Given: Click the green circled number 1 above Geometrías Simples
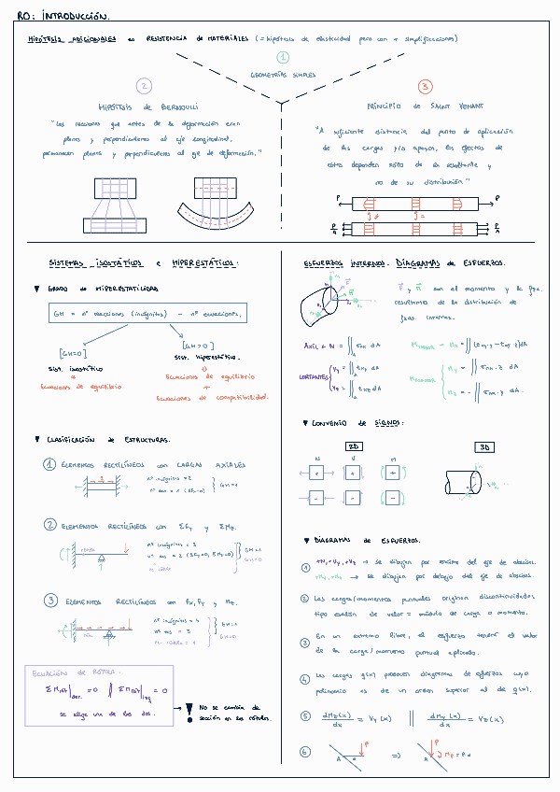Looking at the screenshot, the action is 283,57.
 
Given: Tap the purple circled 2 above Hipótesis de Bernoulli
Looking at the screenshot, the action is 143,86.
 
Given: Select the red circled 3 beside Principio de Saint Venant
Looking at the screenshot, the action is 425,87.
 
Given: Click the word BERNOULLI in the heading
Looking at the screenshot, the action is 177,106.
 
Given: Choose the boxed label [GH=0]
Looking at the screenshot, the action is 72,354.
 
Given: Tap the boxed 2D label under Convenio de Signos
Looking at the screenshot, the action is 355,446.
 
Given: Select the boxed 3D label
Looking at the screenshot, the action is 484,446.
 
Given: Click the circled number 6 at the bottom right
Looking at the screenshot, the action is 305,751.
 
